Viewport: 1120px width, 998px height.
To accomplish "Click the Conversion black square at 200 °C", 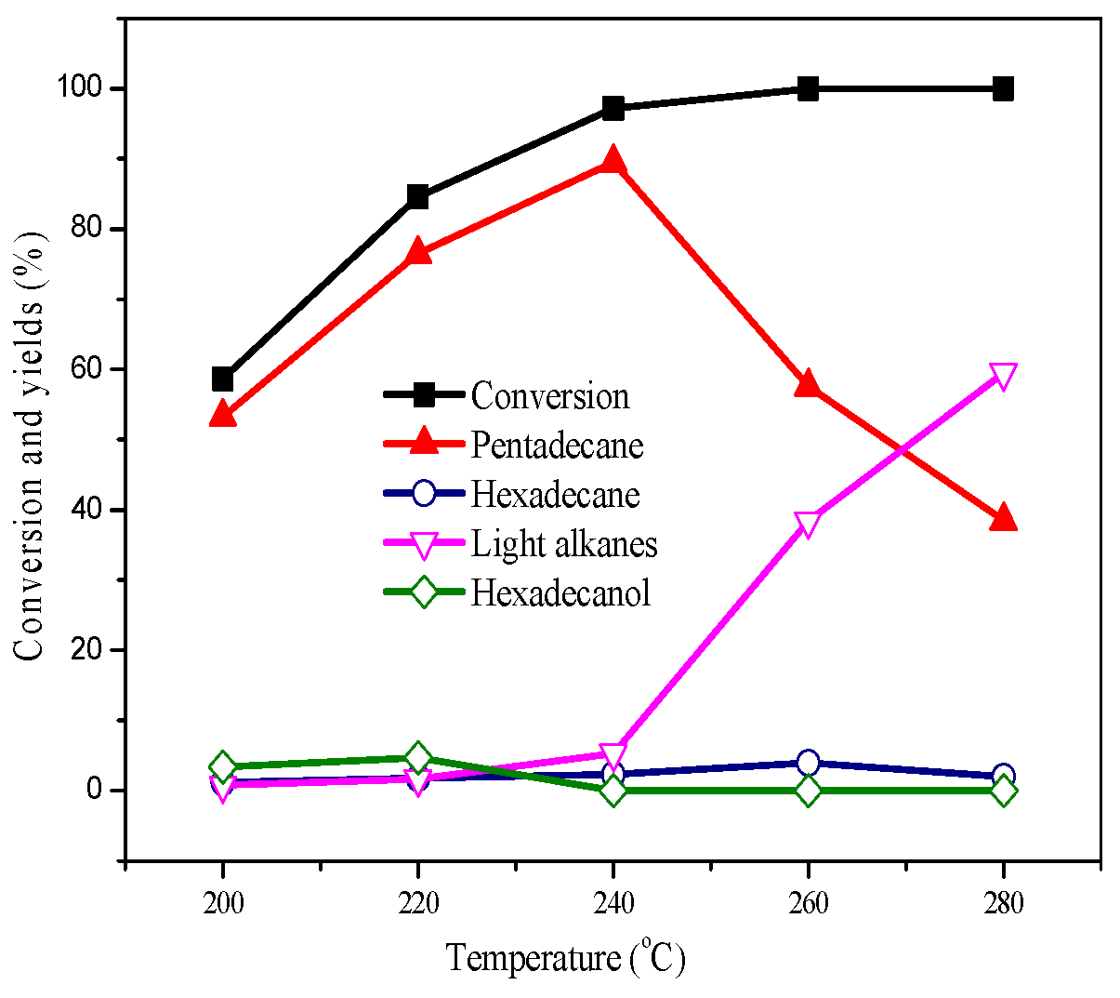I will click(222, 379).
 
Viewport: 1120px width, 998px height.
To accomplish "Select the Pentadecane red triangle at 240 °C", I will click(613, 162).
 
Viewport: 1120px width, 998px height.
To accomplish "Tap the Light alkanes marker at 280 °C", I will click(1003, 376).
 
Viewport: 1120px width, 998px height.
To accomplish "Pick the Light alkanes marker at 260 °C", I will click(808, 524).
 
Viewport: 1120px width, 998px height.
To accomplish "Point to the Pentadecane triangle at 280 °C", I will click(1003, 518).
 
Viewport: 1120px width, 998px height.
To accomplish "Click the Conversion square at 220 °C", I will click(417, 196).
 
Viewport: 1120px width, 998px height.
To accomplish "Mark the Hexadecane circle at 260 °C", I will click(808, 763).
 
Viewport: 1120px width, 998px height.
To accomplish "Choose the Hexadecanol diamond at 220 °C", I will click(417, 758).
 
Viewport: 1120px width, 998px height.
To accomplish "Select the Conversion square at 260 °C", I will click(808, 89).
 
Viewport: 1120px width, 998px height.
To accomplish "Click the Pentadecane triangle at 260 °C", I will click(808, 383).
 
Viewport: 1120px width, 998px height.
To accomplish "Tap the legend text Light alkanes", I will click(564, 544).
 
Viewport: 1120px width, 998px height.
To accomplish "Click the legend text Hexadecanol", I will click(560, 593).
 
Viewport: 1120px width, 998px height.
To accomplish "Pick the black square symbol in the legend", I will click(424, 395).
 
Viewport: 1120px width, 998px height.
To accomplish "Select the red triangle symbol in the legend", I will click(424, 443).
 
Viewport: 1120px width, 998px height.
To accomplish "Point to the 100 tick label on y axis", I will click(79, 88).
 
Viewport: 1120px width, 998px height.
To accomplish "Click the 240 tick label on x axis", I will click(613, 903).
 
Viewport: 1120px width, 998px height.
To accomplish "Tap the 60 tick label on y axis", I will click(86, 369).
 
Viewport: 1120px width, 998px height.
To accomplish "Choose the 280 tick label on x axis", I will click(1003, 903).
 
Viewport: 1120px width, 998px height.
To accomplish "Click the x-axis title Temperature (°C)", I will click(565, 957).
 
